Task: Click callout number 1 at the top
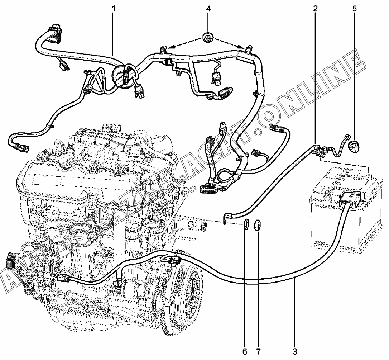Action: pos(114,9)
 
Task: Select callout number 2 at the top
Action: pos(315,9)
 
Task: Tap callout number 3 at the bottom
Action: pos(295,351)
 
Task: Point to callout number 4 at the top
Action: pos(208,9)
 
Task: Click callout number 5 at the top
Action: pos(354,9)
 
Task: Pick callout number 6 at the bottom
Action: pos(245,351)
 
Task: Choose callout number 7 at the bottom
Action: pos(258,351)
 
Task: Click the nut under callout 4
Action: pos(207,37)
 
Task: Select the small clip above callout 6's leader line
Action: pos(246,225)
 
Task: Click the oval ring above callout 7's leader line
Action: pos(258,225)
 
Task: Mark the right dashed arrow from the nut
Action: pos(229,43)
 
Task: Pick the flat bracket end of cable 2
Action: pos(225,218)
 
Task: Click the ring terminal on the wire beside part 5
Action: pos(346,137)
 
